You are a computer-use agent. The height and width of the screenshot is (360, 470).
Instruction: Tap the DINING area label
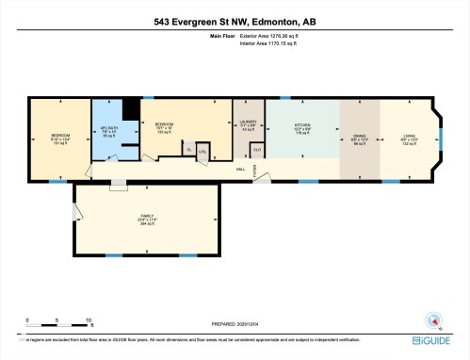pyautogui.click(x=358, y=137)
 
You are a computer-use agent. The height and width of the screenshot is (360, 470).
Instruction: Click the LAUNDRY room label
pyautogui.click(x=249, y=124)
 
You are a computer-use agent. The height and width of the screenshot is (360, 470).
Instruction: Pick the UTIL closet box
pyautogui.click(x=202, y=151)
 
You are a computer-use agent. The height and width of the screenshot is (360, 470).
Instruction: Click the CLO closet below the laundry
pyautogui.click(x=256, y=149)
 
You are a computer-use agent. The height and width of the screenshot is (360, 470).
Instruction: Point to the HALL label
pyautogui.click(x=241, y=169)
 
